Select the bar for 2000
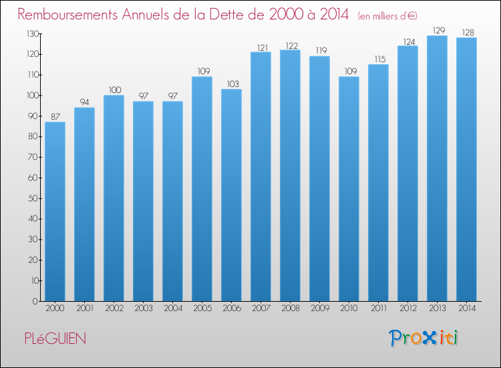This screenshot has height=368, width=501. tap(55, 211)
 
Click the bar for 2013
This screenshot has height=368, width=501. tap(437, 169)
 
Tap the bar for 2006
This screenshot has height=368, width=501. tap(231, 195)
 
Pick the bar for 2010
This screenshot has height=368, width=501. tap(349, 189)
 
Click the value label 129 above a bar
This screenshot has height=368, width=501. tap(439, 30)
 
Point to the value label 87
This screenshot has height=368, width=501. tap(55, 117)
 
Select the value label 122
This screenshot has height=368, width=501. tap(292, 45)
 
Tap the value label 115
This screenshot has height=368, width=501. tap(380, 59)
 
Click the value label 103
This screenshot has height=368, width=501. tap(233, 84)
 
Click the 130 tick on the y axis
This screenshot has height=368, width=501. tap(33, 33)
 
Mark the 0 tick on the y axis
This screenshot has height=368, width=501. tap(35, 302)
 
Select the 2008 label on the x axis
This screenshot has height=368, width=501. tap(291, 308)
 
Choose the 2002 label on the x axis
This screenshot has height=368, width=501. tap(114, 308)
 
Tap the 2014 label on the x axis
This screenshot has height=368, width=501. tap(467, 308)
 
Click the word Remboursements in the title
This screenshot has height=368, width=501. tap(67, 14)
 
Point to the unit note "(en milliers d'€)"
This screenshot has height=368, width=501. tap(387, 16)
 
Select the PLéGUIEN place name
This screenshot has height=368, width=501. tap(55, 339)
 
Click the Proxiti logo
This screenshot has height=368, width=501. tap(424, 338)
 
